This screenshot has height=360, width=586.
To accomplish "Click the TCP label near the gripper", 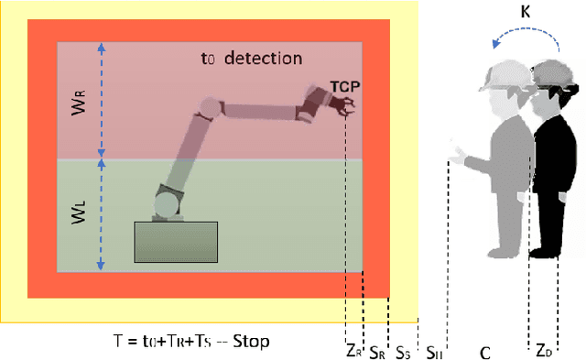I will click(x=345, y=87).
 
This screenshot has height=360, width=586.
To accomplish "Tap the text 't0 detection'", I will click(x=251, y=59).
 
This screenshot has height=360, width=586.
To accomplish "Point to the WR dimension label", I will click(x=78, y=102).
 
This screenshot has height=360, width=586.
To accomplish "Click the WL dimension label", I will click(x=78, y=216).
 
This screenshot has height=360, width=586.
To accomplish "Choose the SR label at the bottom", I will click(x=375, y=349).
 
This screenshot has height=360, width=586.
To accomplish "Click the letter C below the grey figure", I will click(x=485, y=349).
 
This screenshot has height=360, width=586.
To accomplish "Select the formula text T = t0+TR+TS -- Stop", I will click(x=191, y=339).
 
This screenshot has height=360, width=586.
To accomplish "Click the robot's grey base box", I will click(x=177, y=242).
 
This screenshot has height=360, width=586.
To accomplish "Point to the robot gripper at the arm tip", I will click(x=347, y=110).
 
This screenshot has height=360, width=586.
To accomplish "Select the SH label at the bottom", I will click(x=434, y=349).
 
